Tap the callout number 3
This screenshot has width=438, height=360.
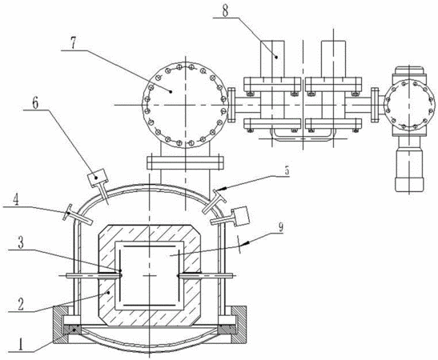tap(21, 243)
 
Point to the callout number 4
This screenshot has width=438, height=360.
tap(17, 199)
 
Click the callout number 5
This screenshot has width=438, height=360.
tap(287, 170)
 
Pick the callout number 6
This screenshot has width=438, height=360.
tap(36, 103)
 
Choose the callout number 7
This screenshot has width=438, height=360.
tap(73, 43)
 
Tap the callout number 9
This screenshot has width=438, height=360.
tap(279, 227)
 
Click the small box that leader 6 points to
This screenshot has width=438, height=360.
tap(97, 176)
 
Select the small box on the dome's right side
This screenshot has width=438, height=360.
tap(240, 215)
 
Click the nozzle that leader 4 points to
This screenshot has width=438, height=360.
tap(78, 214)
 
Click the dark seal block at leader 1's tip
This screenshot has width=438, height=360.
tap(72, 330)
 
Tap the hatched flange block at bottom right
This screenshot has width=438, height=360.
tap(238, 325)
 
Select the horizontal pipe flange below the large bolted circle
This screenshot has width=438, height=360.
tap(185, 162)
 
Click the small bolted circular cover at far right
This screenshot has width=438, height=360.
tap(409, 106)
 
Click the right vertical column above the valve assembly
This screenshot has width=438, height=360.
tap(334, 58)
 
